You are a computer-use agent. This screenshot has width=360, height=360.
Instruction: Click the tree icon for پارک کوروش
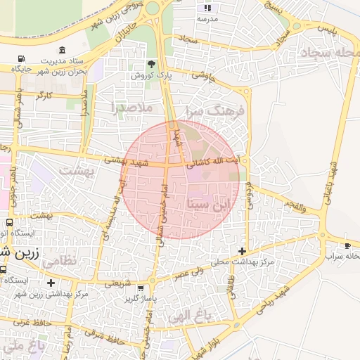151,64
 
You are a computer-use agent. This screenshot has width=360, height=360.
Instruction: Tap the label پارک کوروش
151,74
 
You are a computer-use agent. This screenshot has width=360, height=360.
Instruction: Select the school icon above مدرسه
207,8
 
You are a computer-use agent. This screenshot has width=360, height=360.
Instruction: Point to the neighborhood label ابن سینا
210,205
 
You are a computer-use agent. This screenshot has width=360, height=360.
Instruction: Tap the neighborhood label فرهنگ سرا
214,110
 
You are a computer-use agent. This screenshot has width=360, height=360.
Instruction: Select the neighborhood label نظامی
60,261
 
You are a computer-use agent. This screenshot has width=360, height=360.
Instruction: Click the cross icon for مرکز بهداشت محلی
243,251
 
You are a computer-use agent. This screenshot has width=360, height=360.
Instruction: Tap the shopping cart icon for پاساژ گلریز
141,288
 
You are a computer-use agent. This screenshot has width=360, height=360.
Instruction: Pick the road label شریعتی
119,283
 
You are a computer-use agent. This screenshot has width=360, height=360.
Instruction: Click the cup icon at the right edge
347,245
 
